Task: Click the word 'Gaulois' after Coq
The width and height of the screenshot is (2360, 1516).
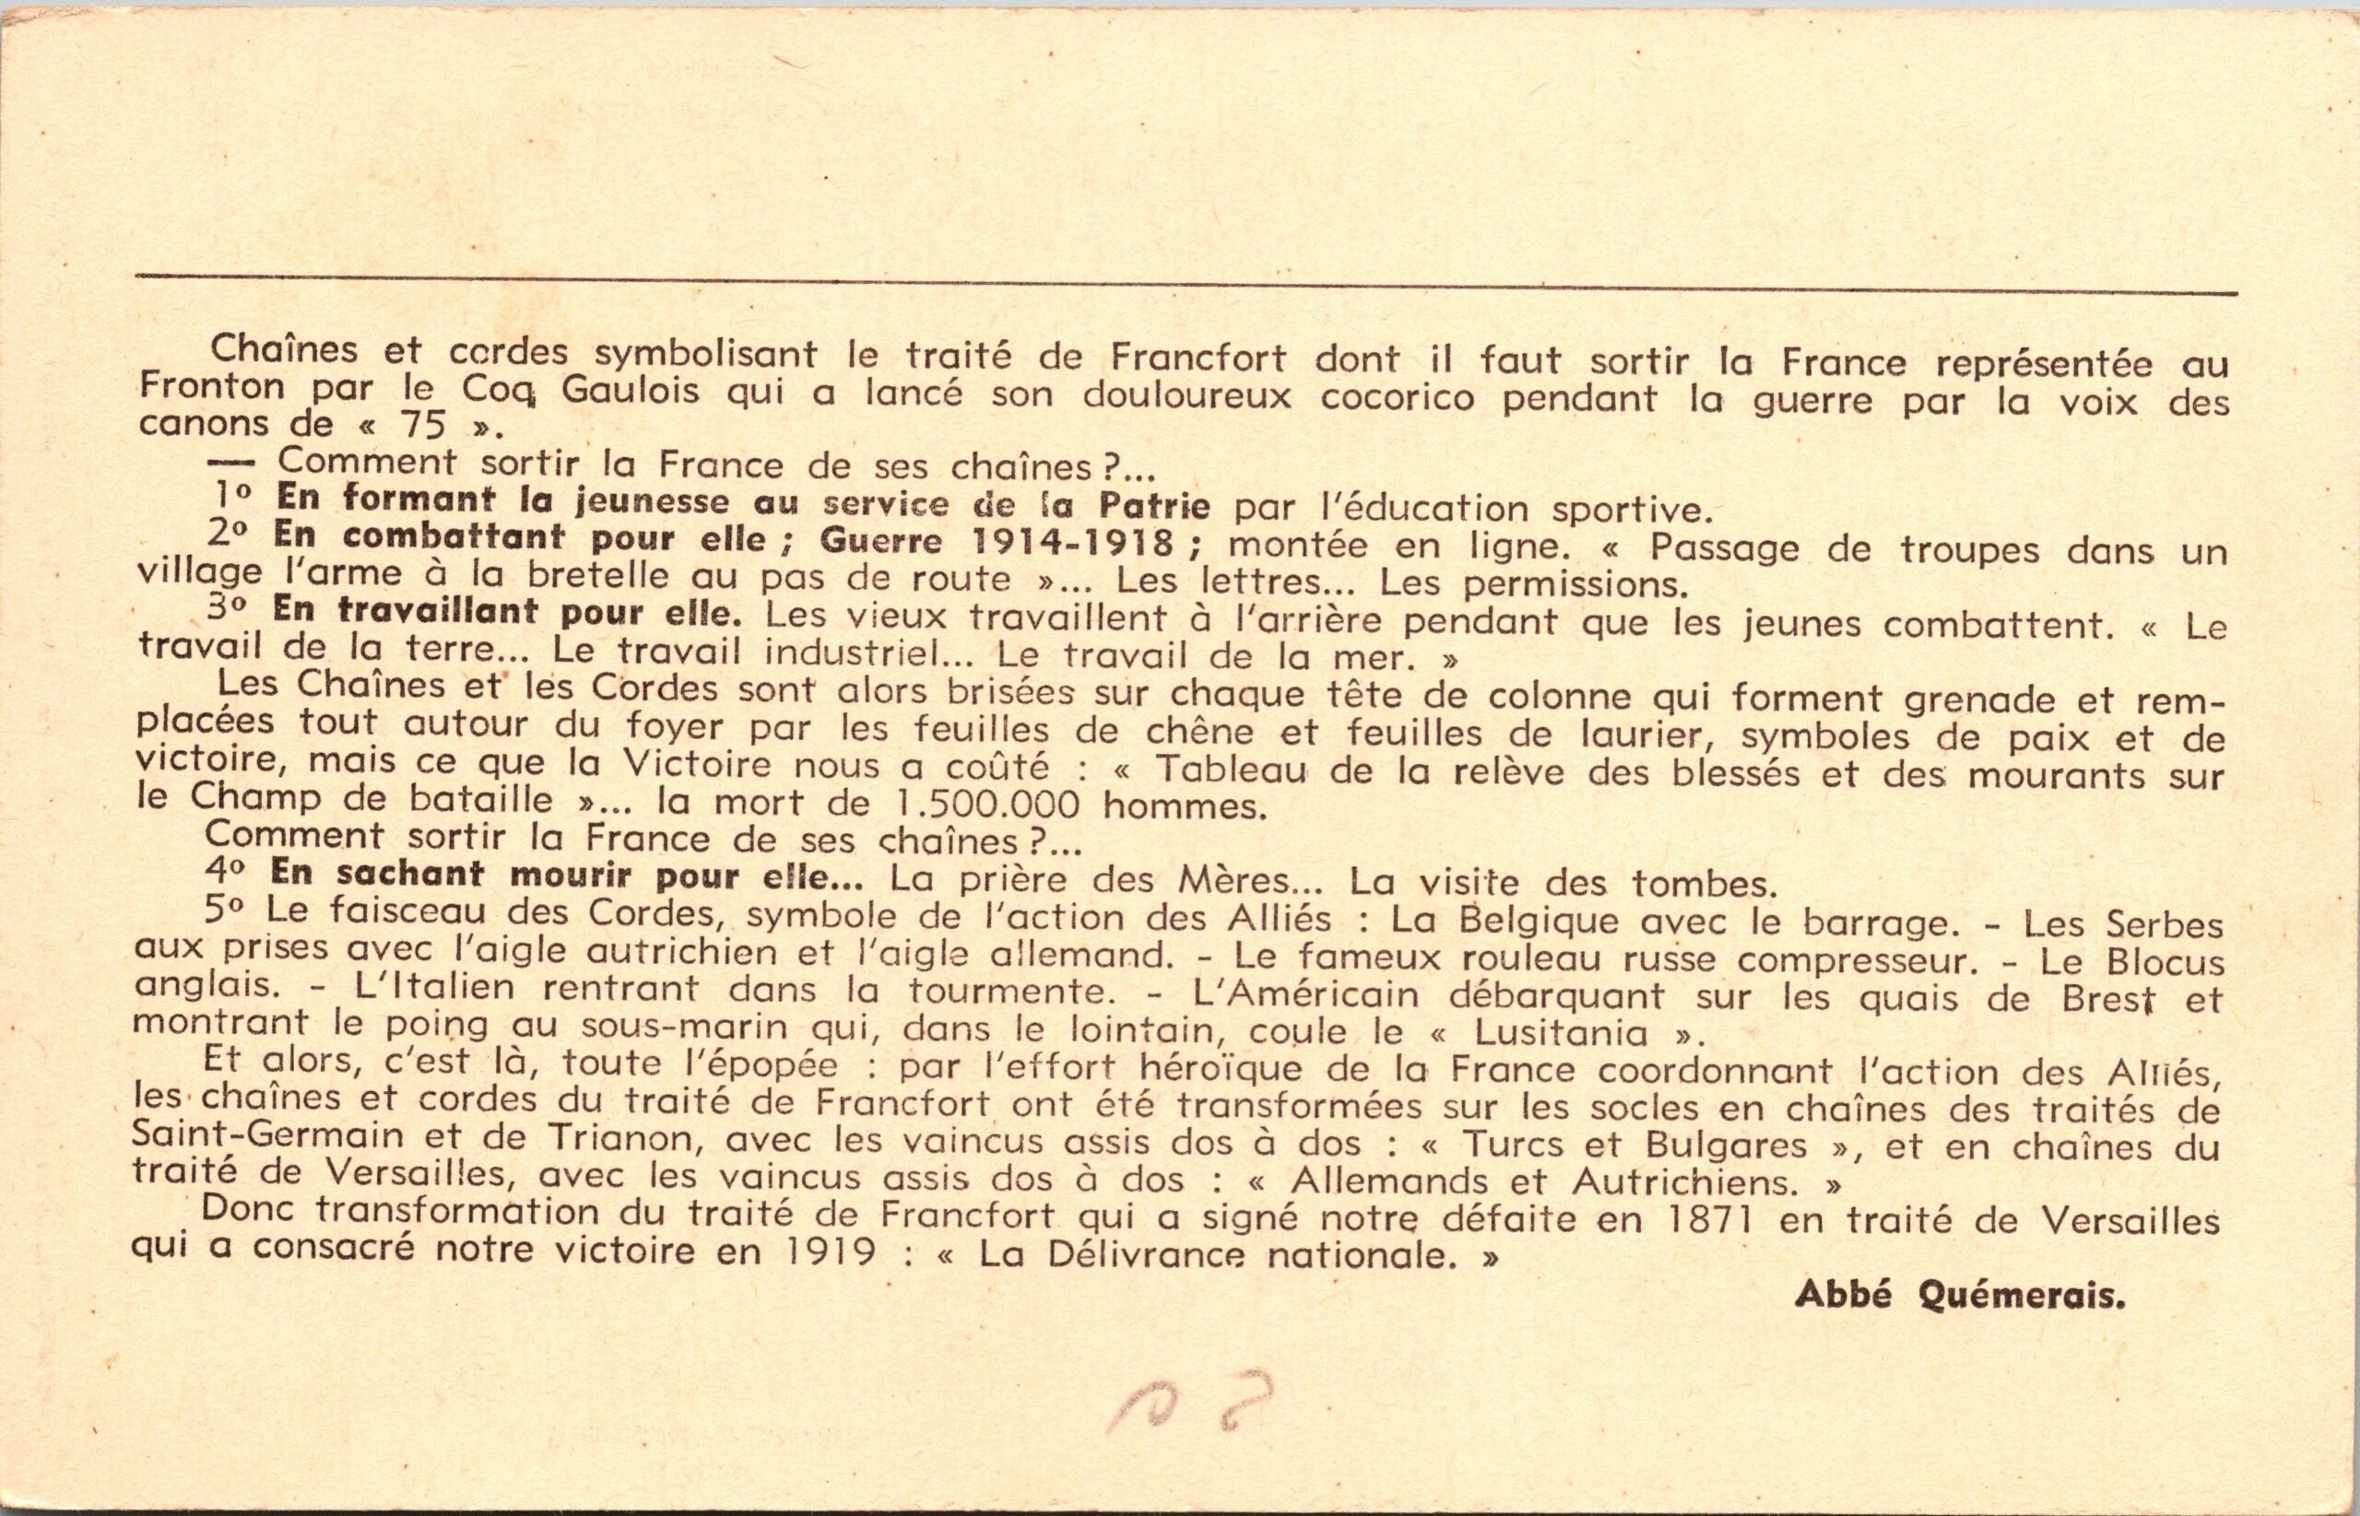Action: point(631,392)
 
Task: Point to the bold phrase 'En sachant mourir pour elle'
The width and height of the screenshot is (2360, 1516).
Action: point(567,875)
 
